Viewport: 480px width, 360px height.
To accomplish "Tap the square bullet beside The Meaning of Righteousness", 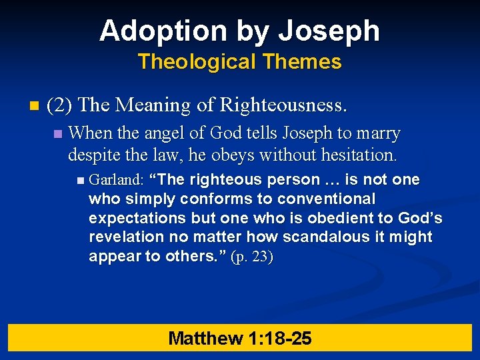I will (34, 106).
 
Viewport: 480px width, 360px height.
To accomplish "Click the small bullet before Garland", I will (81, 180).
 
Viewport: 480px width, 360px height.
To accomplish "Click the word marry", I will (381, 133).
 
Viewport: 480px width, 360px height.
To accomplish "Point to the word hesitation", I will (359, 155).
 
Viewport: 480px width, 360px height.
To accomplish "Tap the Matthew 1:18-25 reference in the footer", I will (239, 338).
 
